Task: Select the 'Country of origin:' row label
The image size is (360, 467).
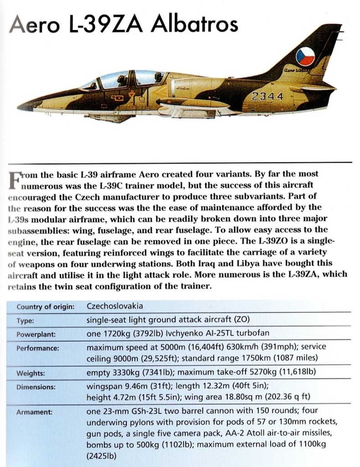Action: click(x=46, y=307)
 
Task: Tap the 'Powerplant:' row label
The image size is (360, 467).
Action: click(x=36, y=334)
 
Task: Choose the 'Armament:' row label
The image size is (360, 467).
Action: click(x=34, y=412)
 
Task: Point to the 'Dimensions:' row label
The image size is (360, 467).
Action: click(x=36, y=387)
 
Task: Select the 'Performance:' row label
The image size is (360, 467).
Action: click(x=38, y=348)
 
